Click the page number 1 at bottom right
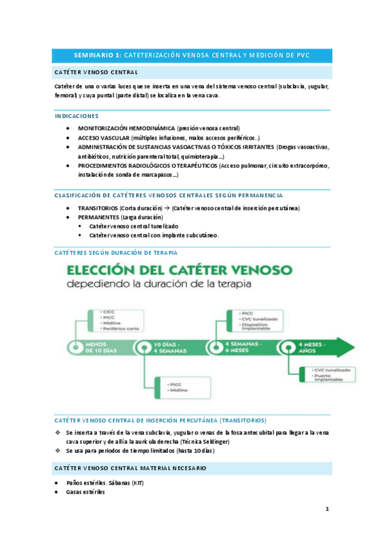click(x=327, y=509)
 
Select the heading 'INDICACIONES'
click(x=77, y=116)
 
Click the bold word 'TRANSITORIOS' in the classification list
click(x=98, y=208)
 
